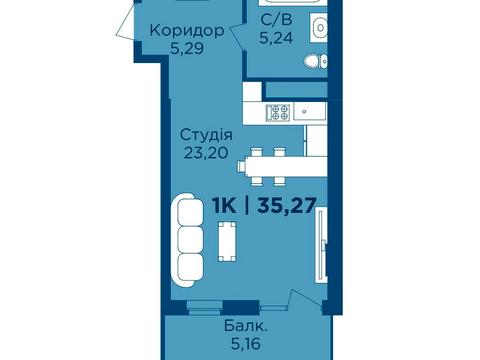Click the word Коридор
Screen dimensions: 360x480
(x=185, y=30)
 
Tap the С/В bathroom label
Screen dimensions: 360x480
(x=275, y=20)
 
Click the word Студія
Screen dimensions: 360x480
(x=207, y=135)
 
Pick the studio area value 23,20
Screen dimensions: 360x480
(x=207, y=153)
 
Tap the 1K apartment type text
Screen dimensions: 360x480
(x=225, y=208)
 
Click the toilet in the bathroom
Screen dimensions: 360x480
(x=314, y=64)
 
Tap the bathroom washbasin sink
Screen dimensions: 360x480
(x=320, y=29)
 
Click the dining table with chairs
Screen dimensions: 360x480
(x=265, y=163)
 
